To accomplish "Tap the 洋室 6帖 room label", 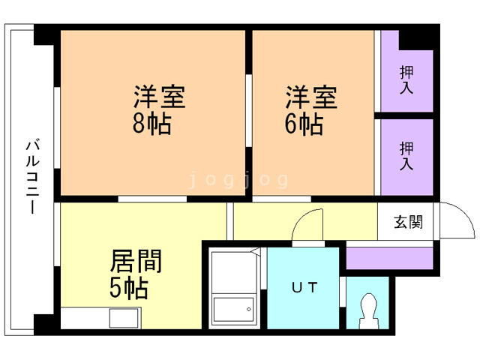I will [x=310, y=110].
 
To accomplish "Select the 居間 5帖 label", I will [x=136, y=274].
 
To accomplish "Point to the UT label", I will [x=304, y=286].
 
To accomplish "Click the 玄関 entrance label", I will [x=409, y=222].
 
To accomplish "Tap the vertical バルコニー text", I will [x=32, y=177].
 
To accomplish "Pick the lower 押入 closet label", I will [x=406, y=155].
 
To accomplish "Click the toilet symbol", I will [x=368, y=308].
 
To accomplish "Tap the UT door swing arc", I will [x=308, y=222].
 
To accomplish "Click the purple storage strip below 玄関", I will [x=388, y=258].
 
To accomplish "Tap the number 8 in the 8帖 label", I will [x=140, y=124].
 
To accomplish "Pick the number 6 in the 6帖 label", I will [x=291, y=124].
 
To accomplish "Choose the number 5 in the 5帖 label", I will [x=118, y=287].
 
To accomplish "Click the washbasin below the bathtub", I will [x=233, y=310].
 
